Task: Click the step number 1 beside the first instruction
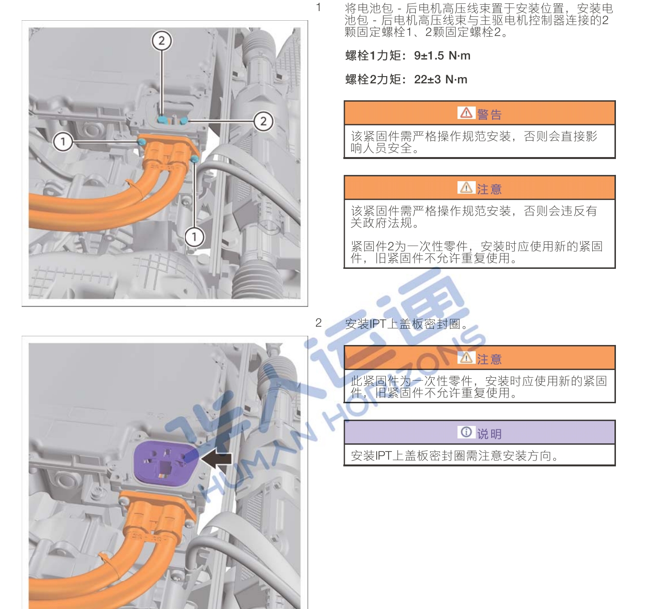pos(318,8)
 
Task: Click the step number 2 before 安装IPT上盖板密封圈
pos(318,323)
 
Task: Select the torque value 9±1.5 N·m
pos(442,56)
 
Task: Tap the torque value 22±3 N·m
pos(441,79)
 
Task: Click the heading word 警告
pos(489,114)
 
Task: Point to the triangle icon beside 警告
pos(466,113)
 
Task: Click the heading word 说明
pos(489,434)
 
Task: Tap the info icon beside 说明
pos(466,432)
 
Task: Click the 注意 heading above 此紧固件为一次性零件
pos(489,359)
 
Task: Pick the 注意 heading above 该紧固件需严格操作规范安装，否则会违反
pos(489,189)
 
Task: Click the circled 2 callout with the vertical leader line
pos(162,41)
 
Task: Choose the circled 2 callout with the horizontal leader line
pos(263,121)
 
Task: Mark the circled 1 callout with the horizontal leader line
pos(63,142)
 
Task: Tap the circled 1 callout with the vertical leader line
pos(195,237)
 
